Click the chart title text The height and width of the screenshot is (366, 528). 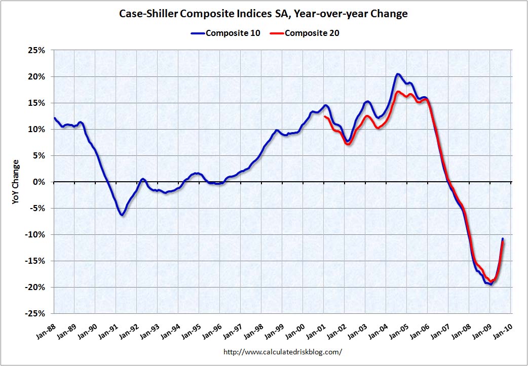[263, 14]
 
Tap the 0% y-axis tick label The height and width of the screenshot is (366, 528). [40, 182]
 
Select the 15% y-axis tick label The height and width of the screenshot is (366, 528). [37, 103]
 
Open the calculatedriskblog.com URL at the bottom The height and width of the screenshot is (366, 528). [282, 351]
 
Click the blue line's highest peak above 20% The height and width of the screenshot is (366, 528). [398, 74]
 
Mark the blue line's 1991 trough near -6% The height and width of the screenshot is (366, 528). [122, 215]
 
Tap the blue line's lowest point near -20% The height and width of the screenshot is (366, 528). [491, 284]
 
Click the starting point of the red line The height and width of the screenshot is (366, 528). [325, 117]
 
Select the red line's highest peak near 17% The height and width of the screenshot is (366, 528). [399, 92]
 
